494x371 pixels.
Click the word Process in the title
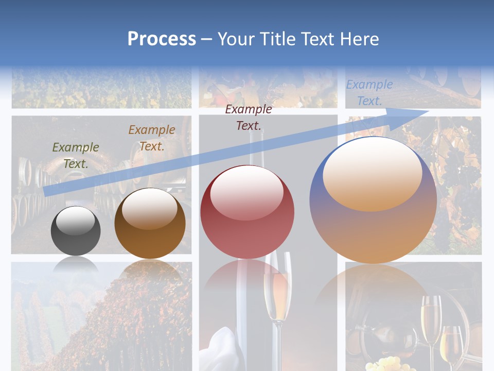162,39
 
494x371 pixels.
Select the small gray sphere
76,231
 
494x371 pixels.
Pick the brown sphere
150,224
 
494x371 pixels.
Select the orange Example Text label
152,138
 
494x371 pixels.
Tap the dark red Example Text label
249,117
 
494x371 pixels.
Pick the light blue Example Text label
369,93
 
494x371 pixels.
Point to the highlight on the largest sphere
372,174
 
